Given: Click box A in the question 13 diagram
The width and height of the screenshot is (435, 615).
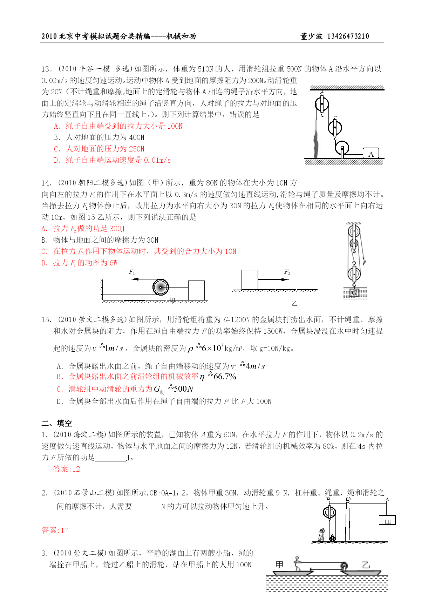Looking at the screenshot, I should (371, 154).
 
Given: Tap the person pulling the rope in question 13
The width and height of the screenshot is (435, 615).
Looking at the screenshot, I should (317, 144).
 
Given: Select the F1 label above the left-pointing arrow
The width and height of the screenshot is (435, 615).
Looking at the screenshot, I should (132, 272).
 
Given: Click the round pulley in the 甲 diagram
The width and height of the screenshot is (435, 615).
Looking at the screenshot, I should (161, 287).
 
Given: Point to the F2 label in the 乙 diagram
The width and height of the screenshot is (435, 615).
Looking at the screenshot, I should (287, 272).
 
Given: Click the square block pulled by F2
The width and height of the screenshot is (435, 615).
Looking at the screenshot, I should (250, 280).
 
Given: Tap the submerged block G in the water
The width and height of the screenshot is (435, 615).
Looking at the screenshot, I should (354, 292).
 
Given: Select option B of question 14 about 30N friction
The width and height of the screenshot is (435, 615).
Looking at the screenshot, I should (100, 240).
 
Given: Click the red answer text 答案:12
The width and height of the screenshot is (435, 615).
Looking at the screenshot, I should (67, 469).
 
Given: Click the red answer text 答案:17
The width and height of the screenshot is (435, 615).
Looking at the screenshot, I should (55, 530).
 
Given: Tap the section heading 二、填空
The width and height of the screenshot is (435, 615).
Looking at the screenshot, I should (57, 423).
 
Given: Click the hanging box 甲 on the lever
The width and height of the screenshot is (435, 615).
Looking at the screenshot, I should (387, 520).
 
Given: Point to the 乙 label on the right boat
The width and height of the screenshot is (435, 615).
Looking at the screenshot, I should (366, 565).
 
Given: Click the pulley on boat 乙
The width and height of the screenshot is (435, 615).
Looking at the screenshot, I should (345, 566).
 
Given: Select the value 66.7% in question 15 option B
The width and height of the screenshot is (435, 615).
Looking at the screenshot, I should (225, 377).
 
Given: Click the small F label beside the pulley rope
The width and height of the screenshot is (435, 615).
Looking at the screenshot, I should (365, 263).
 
